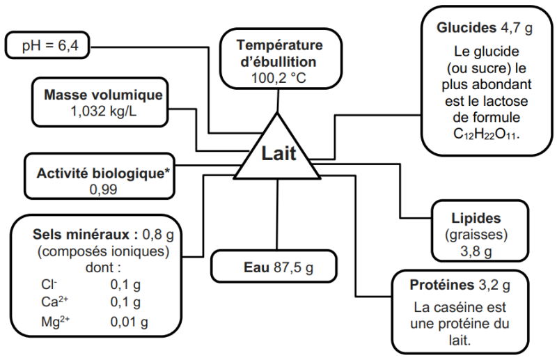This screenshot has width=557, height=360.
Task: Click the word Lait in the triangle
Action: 278,154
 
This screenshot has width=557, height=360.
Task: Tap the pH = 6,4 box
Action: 47,47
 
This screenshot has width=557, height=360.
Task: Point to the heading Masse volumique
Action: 103,95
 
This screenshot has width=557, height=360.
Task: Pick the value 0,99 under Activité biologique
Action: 103,189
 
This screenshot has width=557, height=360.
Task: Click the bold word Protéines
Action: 439,285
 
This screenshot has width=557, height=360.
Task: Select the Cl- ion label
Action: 49,284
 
